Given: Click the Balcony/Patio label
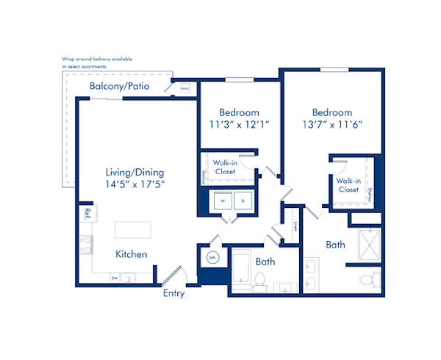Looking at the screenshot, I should [119, 87].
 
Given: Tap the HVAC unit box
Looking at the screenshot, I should [184, 88].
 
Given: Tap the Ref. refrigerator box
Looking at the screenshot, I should [87, 214].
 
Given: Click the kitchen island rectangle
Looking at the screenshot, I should [133, 230].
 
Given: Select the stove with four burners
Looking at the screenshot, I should [87, 245].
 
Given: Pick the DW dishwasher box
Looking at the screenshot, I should [115, 278].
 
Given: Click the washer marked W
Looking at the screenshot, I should [222, 201].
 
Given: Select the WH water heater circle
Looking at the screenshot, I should [212, 258].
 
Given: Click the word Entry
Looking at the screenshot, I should [173, 294].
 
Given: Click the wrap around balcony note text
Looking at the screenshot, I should [103, 62].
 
